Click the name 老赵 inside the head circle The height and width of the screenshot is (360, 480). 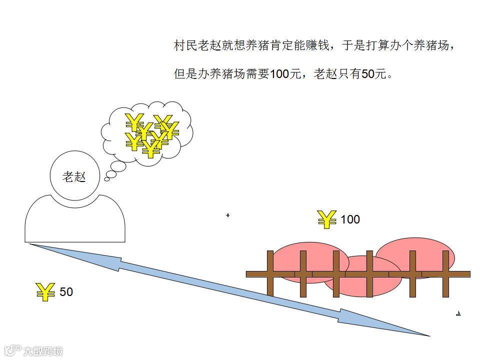pos(74,176)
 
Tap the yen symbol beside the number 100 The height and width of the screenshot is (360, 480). pos(327,219)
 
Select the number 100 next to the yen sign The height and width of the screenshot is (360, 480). pos(350,219)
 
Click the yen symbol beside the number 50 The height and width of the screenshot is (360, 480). pos(45,291)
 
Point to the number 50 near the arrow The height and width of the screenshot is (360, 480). pos(66,291)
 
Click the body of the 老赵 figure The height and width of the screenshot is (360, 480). pos(75,222)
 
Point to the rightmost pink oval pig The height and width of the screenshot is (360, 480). pos(415,256)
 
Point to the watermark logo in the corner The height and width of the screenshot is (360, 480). pos(33,350)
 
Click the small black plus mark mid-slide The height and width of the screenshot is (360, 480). pos(228,215)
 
